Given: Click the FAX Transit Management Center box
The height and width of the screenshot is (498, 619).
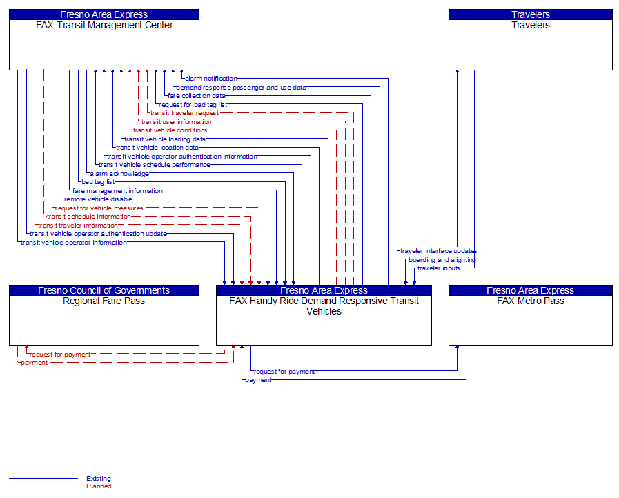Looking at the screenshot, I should click(x=104, y=44).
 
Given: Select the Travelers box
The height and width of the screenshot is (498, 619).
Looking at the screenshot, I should click(x=530, y=44).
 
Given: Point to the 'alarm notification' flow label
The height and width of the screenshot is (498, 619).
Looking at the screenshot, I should click(x=211, y=79).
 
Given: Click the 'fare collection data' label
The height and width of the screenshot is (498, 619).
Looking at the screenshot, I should click(x=197, y=96).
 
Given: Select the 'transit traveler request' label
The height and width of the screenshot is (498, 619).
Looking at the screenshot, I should click(x=184, y=113).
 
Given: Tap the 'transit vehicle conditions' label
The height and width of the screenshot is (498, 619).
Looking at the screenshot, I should click(x=170, y=130).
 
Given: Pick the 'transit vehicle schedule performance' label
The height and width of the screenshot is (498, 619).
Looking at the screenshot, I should click(x=155, y=165).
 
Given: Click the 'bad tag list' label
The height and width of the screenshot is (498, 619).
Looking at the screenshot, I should click(x=97, y=182).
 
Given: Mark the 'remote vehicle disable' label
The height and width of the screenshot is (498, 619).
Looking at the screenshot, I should click(x=98, y=199).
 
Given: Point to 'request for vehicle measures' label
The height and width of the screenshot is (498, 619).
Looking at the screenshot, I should click(x=99, y=208).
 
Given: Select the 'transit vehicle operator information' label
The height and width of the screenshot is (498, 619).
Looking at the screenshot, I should click(x=74, y=243).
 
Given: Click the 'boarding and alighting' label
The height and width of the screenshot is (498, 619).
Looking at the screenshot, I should click(x=442, y=260).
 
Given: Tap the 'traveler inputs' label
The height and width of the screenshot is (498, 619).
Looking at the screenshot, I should click(x=438, y=268).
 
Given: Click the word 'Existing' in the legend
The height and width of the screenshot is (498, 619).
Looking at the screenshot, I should click(x=99, y=479).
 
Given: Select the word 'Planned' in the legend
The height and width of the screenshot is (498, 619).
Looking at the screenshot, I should click(x=99, y=486).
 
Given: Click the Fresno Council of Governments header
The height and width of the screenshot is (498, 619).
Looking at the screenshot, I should click(x=104, y=290).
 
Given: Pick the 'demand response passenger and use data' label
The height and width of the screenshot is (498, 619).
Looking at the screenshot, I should click(x=241, y=88).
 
